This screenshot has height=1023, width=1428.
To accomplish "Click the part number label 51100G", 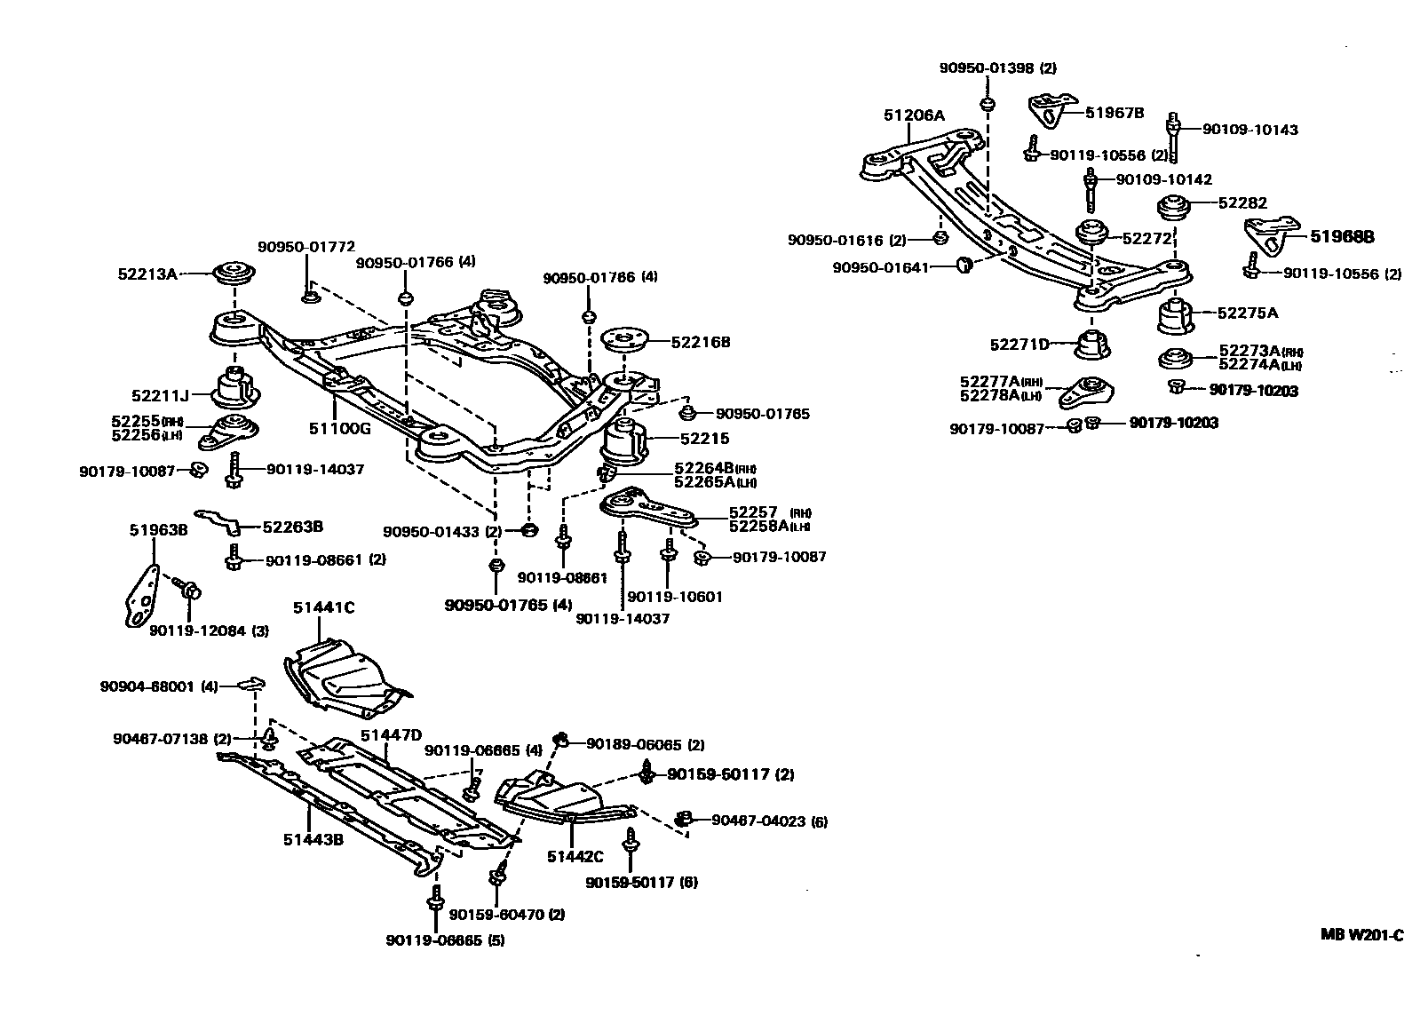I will coord(338,428).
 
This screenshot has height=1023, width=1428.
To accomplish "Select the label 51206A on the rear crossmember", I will coord(914,115).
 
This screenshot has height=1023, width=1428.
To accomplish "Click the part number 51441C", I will coord(323,607).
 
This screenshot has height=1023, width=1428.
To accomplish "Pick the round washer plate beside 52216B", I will coord(627,339).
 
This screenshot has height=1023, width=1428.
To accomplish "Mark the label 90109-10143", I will coord(1249,130).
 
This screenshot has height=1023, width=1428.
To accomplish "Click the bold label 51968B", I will coord(1342,237).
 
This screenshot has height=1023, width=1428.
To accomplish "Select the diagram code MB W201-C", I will coord(1361,934).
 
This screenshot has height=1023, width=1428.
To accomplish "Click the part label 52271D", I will coord(1019,345).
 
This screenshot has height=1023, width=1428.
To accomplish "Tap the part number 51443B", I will coord(313,839).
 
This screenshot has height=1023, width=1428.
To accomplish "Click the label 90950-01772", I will coord(306,247).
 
